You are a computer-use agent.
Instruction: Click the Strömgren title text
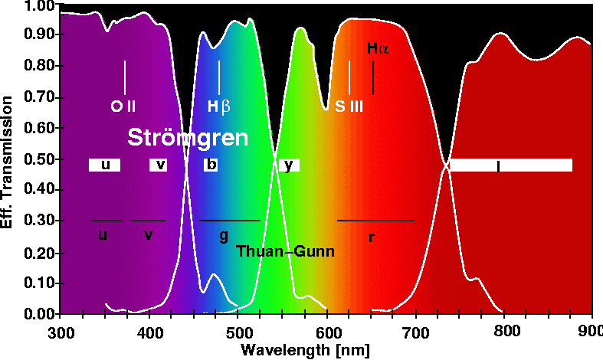[x=188, y=138]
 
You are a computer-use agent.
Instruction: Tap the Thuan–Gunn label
[x=285, y=250]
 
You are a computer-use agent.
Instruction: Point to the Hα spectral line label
[x=379, y=48]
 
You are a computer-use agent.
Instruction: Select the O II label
[x=123, y=106]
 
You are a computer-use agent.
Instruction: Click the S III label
[x=349, y=106]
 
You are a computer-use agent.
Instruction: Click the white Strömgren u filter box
[x=104, y=165]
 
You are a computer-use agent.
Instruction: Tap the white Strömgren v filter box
[x=159, y=165]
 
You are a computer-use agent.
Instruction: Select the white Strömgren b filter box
[x=211, y=165]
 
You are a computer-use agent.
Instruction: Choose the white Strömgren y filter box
[x=288, y=165]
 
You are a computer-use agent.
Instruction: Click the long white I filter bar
[x=510, y=165]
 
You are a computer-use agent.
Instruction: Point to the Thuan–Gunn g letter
[x=224, y=235]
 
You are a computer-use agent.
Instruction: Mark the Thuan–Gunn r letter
[x=371, y=237]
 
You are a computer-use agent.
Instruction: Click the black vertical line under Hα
[x=373, y=77]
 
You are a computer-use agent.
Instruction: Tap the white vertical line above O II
[x=124, y=77]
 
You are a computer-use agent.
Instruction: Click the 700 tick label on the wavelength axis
[x=415, y=333]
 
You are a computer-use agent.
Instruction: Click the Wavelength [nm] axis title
[x=305, y=350]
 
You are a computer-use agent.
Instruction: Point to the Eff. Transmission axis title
[x=9, y=161]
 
